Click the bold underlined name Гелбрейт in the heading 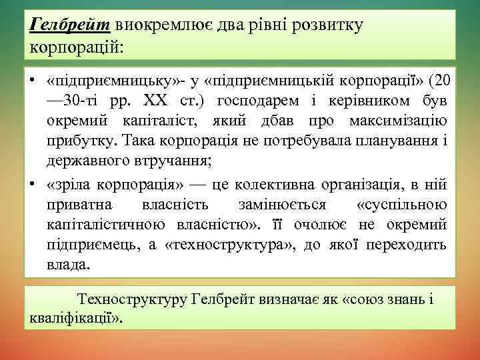point(70,25)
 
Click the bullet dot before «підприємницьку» point(32,81)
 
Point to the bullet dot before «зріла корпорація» point(32,184)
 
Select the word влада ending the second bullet point(67,265)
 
